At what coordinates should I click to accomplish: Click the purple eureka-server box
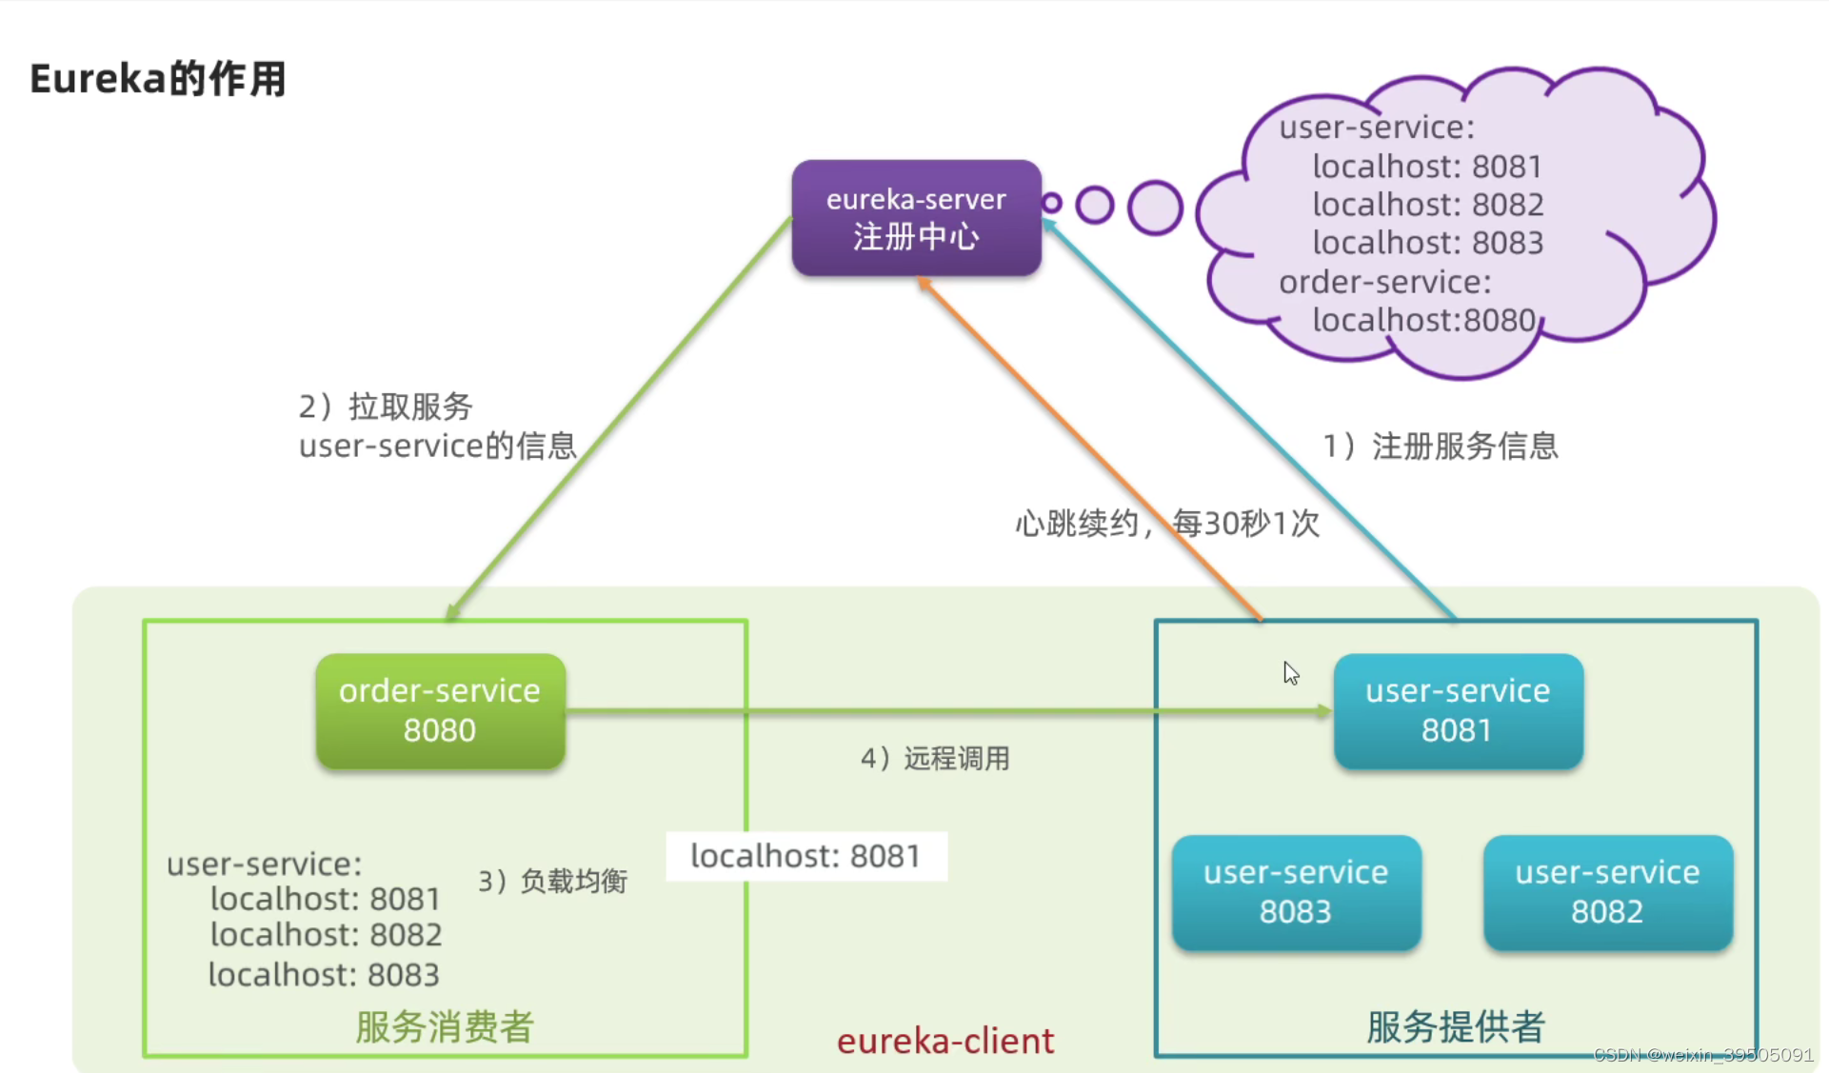coord(916,218)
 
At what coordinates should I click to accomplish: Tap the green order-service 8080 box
coord(440,710)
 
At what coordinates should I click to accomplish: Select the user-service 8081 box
coord(1458,710)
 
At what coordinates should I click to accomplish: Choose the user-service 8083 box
coord(1296,892)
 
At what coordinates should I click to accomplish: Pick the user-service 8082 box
coord(1607,892)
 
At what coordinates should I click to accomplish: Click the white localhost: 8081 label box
coord(805,856)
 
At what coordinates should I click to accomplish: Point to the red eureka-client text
coord(945,1041)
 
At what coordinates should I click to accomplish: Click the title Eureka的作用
coord(158,78)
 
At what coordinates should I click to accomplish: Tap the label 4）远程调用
coord(935,759)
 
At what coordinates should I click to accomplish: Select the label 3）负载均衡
coord(552,881)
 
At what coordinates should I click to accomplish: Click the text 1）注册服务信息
coord(1441,446)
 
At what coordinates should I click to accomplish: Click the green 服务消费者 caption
coord(445,1026)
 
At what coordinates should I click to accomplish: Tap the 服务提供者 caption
coord(1455,1026)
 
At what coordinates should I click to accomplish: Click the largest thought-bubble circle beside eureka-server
coord(1155,207)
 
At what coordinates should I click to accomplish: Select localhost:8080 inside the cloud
coord(1423,320)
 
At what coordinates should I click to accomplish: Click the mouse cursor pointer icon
coord(1290,673)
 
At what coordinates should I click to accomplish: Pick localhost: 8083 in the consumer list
coord(324,974)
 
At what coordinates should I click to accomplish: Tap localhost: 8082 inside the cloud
coord(1427,205)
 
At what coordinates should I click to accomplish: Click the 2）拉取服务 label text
coord(386,407)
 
